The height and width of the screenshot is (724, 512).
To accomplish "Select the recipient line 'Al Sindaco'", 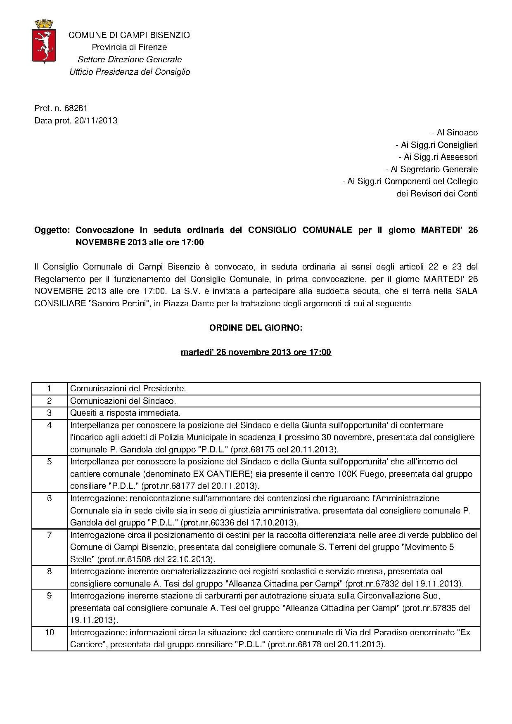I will click(454, 133).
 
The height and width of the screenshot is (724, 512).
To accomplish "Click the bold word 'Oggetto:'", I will click(52, 230).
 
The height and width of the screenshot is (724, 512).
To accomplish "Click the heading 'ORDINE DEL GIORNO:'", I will click(256, 328).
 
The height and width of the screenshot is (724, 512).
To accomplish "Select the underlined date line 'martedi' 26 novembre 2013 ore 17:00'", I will click(256, 352).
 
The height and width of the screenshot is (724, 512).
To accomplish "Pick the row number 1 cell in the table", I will click(50, 388).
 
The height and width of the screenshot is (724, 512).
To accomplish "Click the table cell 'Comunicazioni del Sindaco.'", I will click(123, 401).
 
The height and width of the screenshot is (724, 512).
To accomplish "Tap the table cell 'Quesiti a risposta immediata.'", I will click(126, 413).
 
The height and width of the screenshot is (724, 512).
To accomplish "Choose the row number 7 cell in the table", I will click(50, 535).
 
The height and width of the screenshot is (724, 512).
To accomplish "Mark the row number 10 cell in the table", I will click(50, 632).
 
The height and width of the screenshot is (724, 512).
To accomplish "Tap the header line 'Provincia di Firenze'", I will click(129, 47).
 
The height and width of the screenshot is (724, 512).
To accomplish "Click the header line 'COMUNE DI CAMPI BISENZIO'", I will click(129, 35).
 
